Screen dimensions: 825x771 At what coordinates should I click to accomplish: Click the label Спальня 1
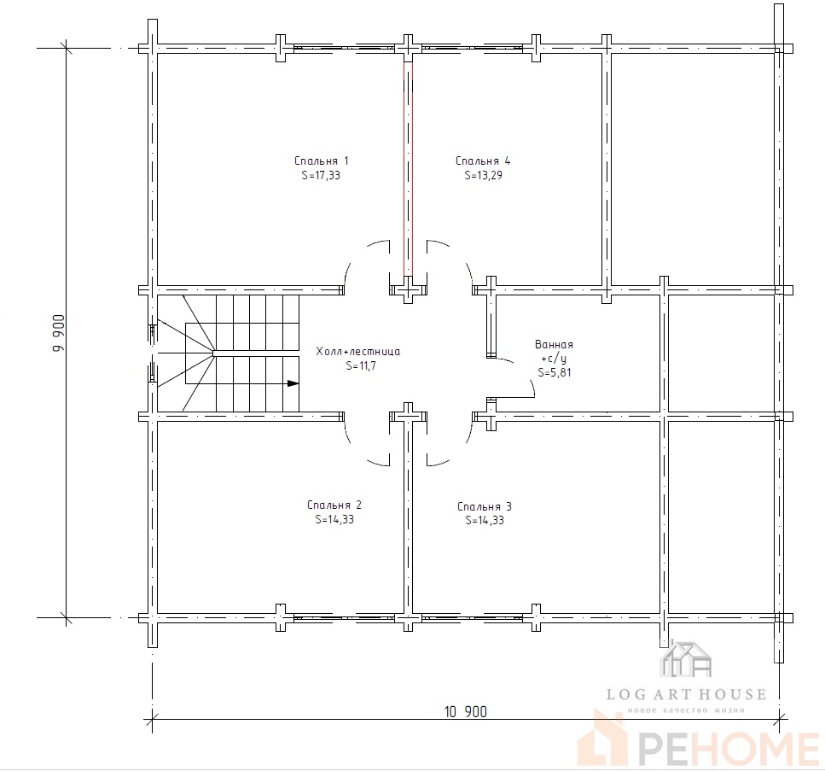[x=321, y=161]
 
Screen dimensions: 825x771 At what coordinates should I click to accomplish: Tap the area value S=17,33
[x=321, y=175]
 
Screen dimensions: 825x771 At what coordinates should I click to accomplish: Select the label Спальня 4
[x=483, y=161]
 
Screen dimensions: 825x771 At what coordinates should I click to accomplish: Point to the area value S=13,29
[x=483, y=175]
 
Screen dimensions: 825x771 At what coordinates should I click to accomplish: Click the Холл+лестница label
[x=357, y=351]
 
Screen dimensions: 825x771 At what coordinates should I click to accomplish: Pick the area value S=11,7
[x=361, y=365]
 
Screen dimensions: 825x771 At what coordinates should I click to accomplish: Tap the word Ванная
[x=554, y=344]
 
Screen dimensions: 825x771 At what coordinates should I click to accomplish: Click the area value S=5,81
[x=554, y=372]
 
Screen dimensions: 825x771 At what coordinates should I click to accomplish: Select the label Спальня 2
[x=334, y=505]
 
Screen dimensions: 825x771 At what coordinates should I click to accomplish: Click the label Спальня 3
[x=485, y=506]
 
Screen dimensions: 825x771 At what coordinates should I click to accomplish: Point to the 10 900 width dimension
[x=466, y=712]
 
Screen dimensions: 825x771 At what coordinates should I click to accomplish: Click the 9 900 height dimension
[x=59, y=333]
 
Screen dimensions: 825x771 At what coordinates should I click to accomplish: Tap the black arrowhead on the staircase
[x=293, y=383]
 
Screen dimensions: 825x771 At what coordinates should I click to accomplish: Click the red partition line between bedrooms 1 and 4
[x=409, y=168]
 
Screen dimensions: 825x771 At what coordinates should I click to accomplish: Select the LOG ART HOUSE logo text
[x=686, y=694]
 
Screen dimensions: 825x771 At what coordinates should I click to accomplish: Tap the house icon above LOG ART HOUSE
[x=686, y=658]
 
